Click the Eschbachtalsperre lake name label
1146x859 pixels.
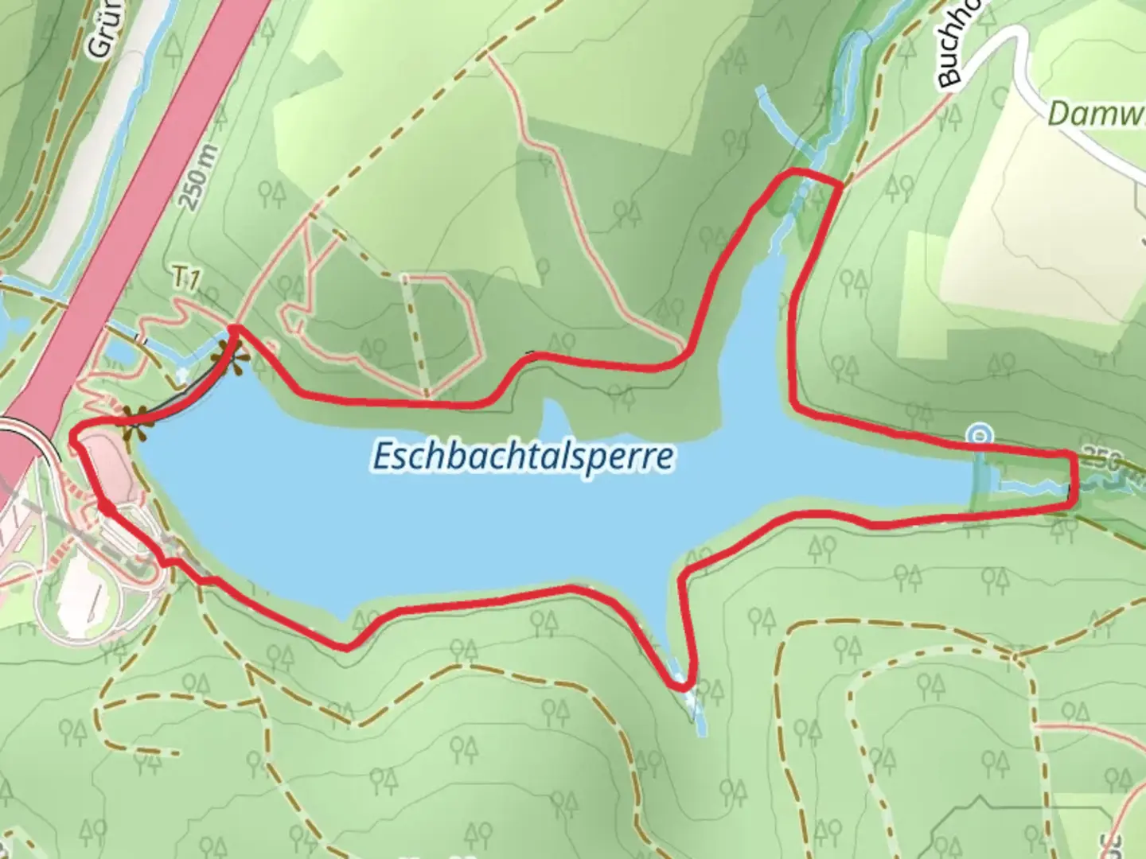pyautogui.click(x=522, y=457)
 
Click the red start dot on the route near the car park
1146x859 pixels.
pyautogui.click(x=106, y=506)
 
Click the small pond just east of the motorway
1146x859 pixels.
pyautogui.click(x=119, y=350)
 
